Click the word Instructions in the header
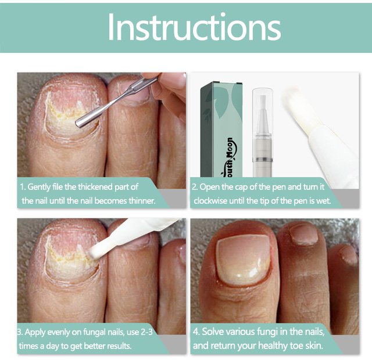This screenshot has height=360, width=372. pyautogui.click(x=194, y=27)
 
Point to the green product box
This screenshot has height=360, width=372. pyautogui.click(x=221, y=129)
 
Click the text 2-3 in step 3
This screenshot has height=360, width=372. pyautogui.click(x=147, y=332)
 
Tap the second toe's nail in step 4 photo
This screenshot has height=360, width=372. pyautogui.click(x=304, y=235)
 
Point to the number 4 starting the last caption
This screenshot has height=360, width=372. pyautogui.click(x=195, y=332)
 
